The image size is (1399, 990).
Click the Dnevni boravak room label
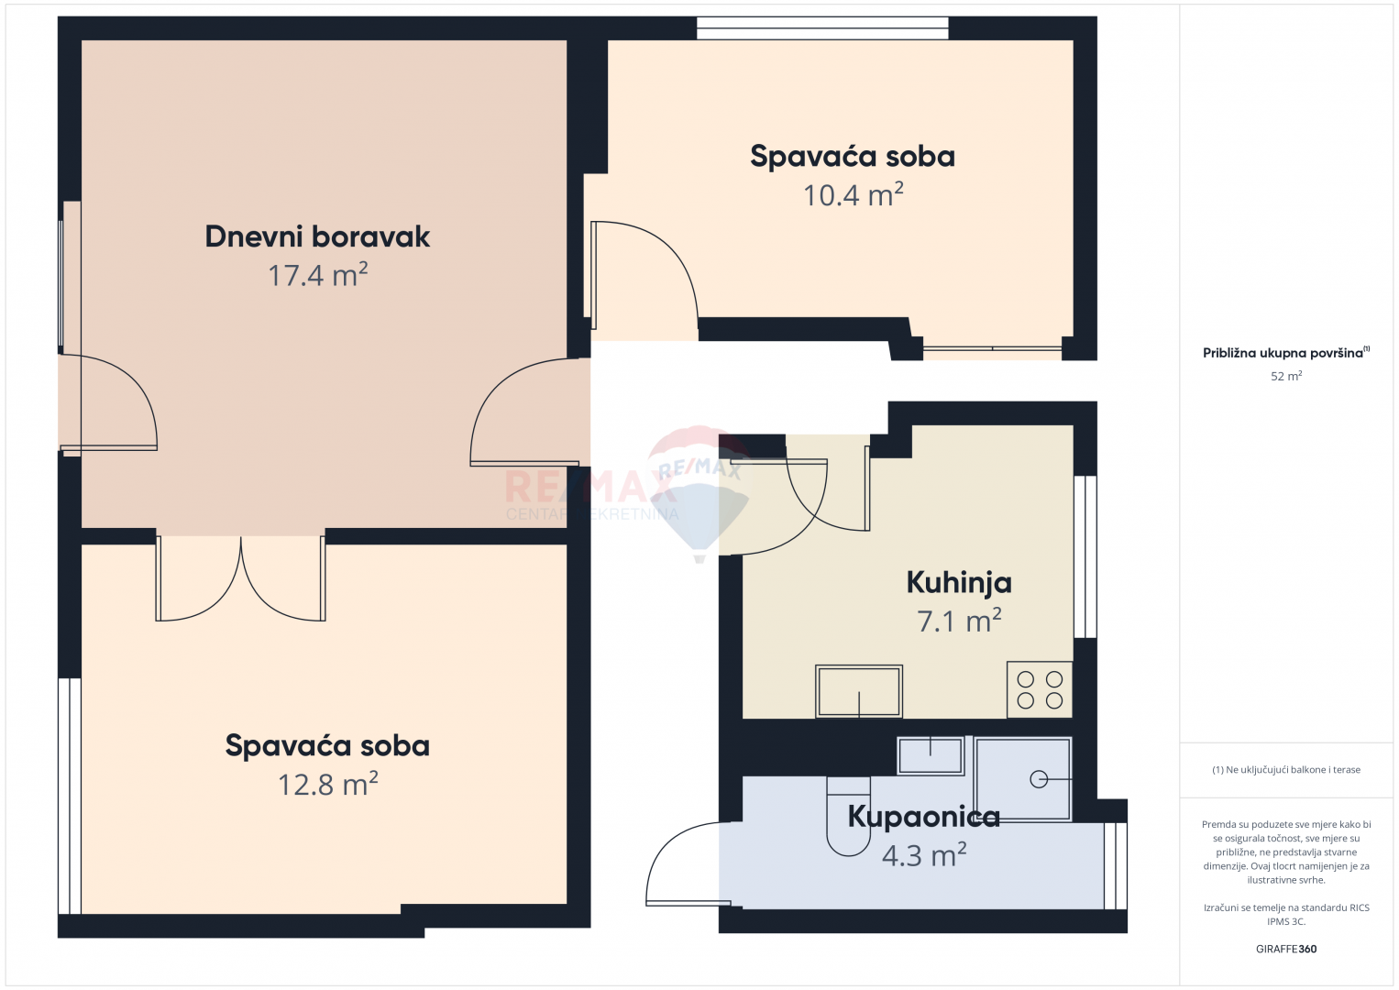317,236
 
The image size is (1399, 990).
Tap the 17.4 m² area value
317,275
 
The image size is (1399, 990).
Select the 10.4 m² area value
853,195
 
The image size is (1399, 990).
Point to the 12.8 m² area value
327,785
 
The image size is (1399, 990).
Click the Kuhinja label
959,583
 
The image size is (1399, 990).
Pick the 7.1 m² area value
959,621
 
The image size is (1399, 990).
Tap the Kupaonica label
924,817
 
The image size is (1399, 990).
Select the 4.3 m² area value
924,855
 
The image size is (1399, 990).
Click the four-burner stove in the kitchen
1040,689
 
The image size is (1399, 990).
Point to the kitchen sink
859,691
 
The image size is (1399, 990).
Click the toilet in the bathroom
848,816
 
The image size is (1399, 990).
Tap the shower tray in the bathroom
1023,779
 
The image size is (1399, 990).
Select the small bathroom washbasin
930,755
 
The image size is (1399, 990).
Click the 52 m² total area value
1286,376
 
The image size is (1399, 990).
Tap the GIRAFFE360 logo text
1286,950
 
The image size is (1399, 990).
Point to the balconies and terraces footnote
1286,769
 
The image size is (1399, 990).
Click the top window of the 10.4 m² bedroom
822,28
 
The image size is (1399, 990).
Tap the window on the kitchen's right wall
1085,557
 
